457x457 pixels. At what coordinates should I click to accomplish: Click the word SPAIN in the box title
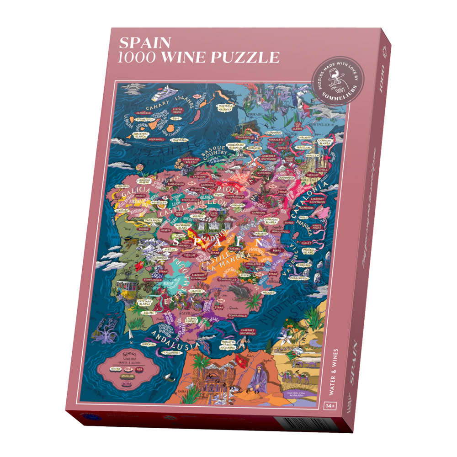point(145,43)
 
